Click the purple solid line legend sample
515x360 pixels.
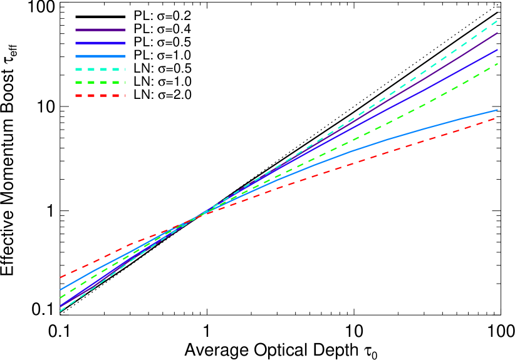100,29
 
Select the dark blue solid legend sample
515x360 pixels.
100,43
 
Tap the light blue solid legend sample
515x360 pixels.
100,56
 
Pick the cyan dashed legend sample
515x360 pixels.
100,69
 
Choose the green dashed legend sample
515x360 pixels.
100,82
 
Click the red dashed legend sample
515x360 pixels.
100,95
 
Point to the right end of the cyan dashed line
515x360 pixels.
497,21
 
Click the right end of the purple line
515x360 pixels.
497,33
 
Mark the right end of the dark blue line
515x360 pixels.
497,49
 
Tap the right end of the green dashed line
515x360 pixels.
497,63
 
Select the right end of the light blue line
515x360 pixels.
497,110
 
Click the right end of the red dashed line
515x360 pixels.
497,118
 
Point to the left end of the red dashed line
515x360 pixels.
61,277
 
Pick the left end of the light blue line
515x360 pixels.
61,290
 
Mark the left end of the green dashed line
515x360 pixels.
61,298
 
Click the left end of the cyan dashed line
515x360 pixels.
61,311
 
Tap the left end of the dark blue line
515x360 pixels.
61,306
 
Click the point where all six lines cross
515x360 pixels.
194,219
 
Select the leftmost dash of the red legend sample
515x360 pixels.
79,95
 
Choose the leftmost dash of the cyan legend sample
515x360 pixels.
79,69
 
